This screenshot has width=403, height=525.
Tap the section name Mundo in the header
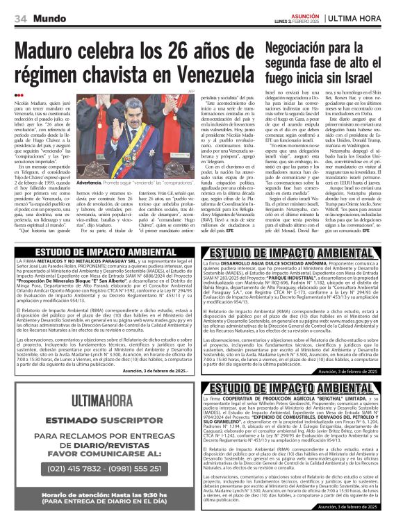(52, 19)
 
